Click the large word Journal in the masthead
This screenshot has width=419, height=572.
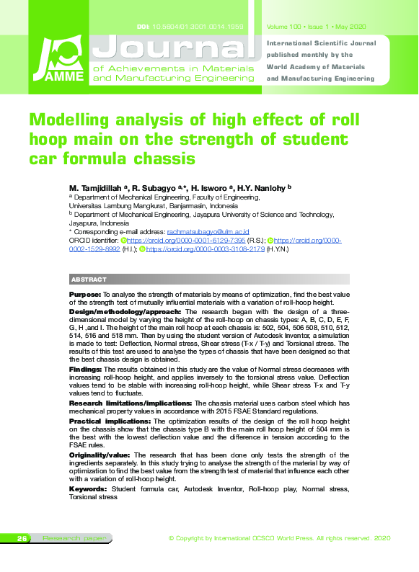pos(177,47)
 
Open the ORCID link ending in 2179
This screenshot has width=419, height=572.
pos(205,249)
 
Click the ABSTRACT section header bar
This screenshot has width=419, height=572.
pos(198,280)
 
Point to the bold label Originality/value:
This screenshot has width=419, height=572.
pos(100,456)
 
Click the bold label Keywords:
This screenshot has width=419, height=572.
pos(87,489)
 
